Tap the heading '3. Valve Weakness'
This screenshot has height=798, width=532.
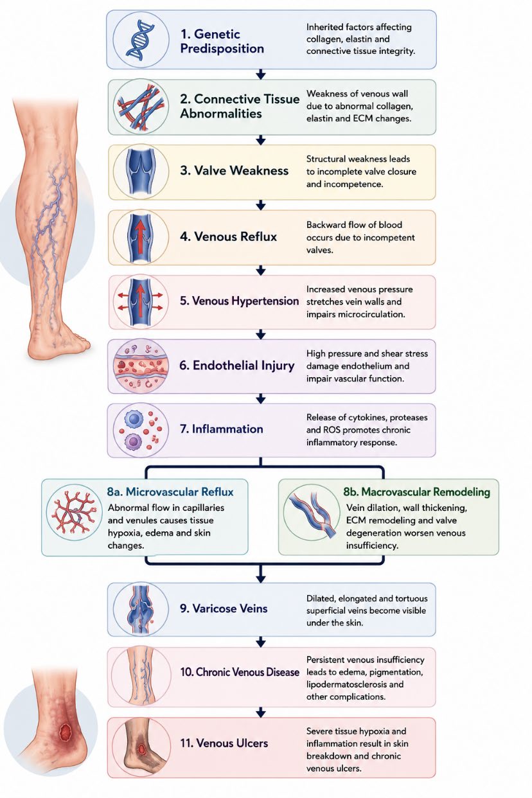click(234, 171)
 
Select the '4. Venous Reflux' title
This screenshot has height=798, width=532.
click(228, 236)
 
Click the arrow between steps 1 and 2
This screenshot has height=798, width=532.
click(261, 74)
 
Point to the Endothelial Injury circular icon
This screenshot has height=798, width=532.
click(141, 366)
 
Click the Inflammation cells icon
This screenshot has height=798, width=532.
click(141, 430)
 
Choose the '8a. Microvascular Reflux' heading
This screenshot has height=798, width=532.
click(170, 492)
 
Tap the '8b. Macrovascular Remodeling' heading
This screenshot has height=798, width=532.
click(416, 492)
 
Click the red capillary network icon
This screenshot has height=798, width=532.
click(75, 513)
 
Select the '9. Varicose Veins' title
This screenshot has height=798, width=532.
click(224, 608)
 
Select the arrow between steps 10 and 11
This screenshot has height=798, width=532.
click(261, 712)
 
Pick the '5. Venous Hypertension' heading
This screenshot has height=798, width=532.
click(239, 301)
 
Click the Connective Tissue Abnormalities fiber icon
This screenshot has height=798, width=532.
click(141, 107)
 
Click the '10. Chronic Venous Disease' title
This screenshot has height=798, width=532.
click(240, 672)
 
